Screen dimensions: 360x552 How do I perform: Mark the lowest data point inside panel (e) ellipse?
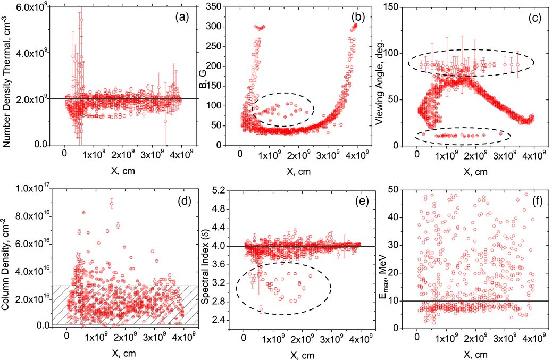click(x=261, y=309)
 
